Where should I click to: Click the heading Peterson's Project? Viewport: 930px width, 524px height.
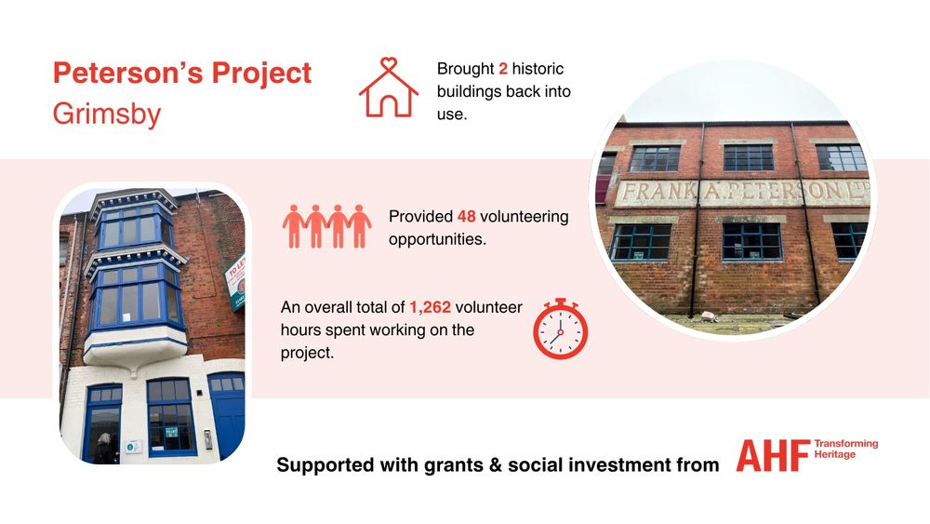(182, 74)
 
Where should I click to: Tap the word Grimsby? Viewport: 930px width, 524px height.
(107, 114)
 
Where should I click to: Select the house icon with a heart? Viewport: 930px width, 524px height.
(389, 87)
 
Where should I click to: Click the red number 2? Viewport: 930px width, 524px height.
(503, 69)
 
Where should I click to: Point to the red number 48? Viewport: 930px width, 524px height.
(467, 217)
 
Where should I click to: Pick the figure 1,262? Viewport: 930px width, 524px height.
(430, 307)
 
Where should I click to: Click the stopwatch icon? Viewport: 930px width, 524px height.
(560, 329)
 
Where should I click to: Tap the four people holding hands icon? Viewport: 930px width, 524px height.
(326, 226)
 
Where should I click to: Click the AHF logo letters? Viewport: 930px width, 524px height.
(774, 456)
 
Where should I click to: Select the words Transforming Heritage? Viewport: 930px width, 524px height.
(845, 450)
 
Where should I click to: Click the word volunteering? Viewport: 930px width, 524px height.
(524, 217)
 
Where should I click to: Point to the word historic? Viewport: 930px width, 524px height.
(538, 69)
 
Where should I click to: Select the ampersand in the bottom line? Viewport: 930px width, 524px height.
(496, 464)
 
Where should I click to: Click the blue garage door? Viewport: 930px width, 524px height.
(227, 414)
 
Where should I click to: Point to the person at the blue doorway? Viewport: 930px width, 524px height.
(105, 449)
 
